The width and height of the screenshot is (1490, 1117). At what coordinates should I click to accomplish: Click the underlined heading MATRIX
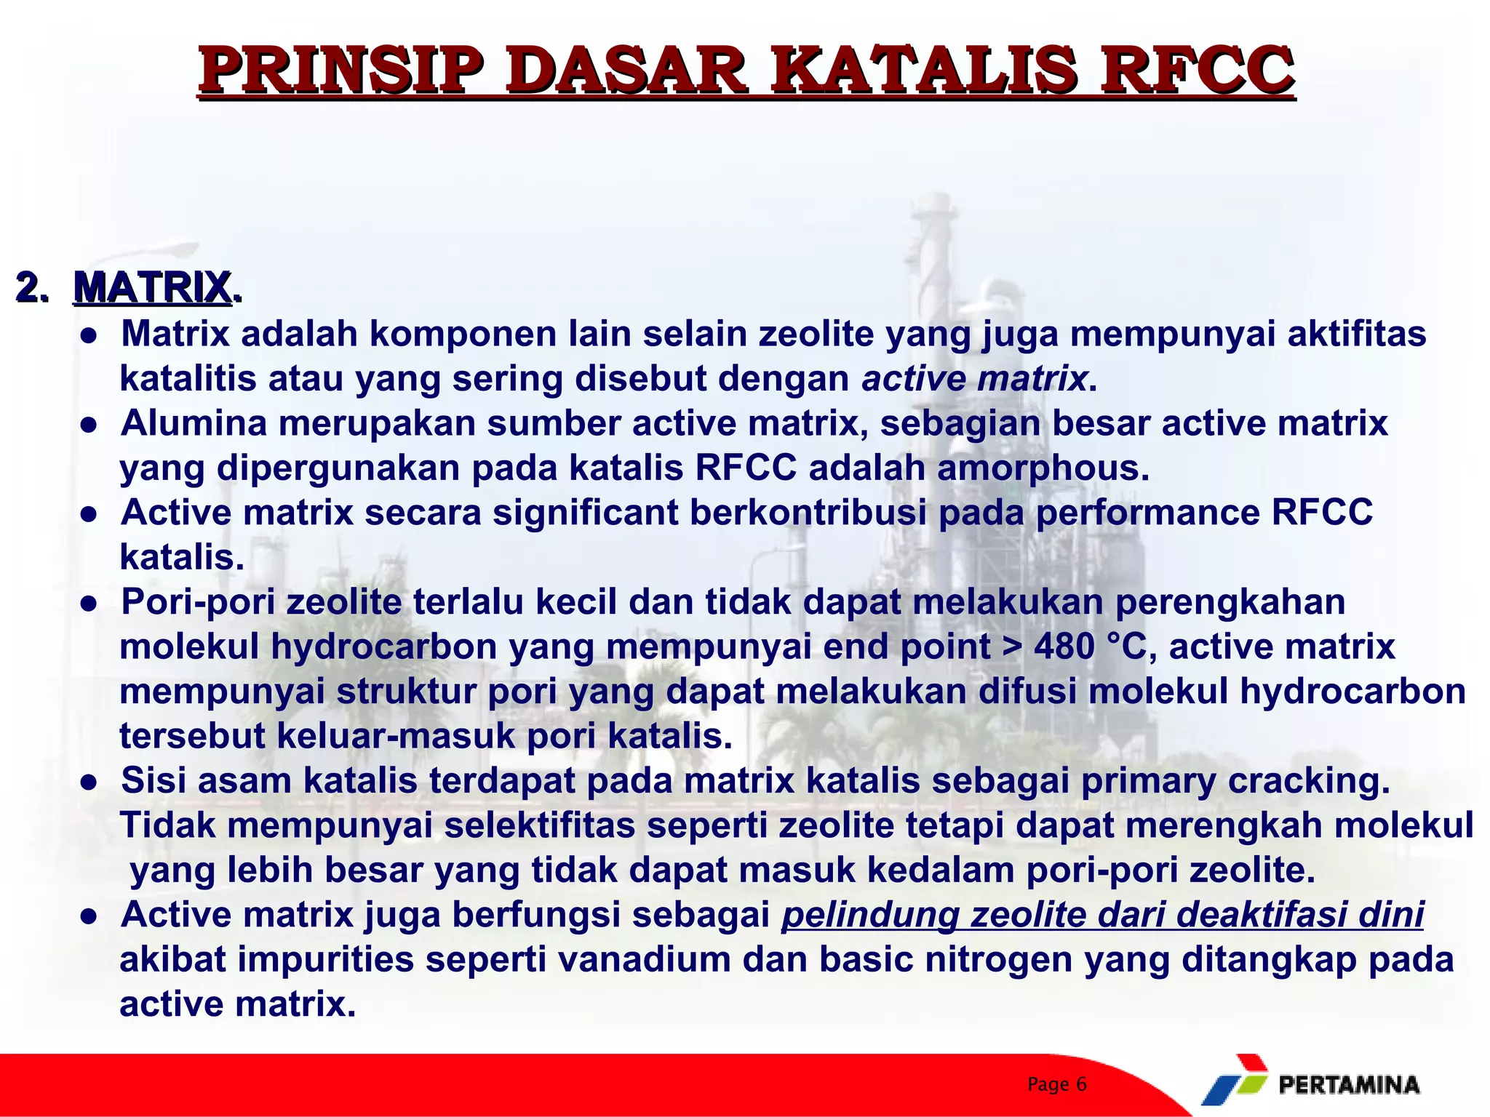153,287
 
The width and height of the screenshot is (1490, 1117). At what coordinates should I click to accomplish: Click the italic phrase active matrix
974,379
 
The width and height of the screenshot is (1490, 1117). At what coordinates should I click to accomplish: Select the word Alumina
194,423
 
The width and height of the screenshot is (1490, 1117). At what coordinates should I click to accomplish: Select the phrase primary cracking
1235,780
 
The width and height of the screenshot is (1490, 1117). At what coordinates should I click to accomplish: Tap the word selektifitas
539,825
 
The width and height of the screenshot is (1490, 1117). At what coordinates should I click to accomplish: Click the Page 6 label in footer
1056,1084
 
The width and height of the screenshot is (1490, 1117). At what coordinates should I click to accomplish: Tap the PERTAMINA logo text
1348,1085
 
